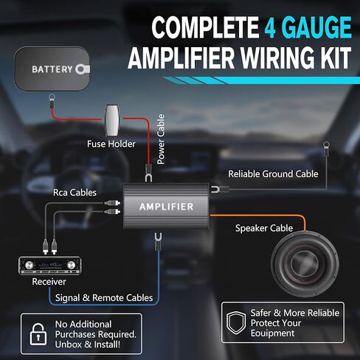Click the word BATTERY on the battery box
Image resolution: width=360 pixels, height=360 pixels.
52,69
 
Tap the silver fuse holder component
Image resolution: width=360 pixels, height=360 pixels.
112,120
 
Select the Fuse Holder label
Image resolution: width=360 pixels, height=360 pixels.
111,144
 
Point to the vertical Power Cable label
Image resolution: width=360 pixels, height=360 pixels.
161,139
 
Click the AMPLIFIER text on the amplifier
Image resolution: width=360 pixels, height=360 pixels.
167,207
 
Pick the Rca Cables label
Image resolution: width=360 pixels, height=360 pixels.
75,193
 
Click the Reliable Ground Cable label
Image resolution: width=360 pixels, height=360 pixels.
273,174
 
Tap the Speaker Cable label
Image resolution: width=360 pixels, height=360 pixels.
264,228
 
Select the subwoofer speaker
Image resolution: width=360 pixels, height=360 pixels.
305,263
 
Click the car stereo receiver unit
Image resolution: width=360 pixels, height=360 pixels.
50,266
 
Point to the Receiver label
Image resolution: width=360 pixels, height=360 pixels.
49,282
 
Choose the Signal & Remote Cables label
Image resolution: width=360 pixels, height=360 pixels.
104,298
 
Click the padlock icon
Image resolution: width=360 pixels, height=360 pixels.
38,334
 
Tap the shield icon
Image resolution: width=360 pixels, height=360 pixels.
236,322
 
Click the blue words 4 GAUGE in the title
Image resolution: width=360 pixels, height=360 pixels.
308,27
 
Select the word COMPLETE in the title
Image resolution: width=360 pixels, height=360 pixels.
205,27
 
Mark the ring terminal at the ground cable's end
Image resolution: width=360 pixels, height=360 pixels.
326,145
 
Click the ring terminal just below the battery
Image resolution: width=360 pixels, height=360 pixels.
52,97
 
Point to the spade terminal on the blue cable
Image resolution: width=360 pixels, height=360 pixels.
158,239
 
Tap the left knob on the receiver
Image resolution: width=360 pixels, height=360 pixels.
29,265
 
